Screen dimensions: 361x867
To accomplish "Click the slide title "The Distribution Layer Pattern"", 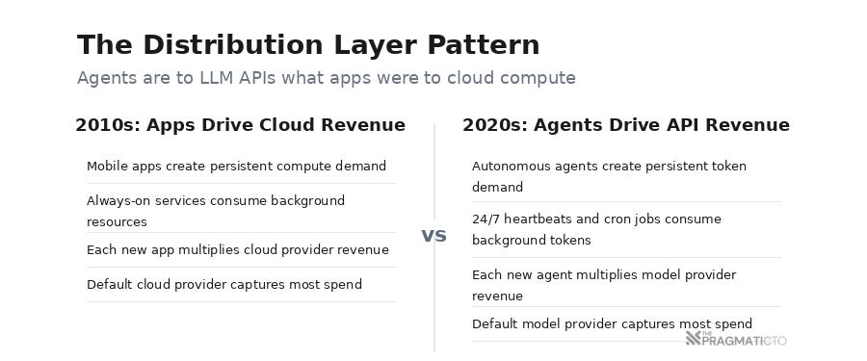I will point(308,45).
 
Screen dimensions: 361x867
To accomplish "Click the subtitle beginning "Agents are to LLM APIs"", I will point(326,78).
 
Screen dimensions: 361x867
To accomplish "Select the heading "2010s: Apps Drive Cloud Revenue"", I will point(240,125).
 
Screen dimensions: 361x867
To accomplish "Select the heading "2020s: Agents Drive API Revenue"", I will point(625,125).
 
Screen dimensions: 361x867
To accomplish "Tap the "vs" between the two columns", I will point(433,235).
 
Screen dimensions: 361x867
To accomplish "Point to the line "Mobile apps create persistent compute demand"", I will point(236,166).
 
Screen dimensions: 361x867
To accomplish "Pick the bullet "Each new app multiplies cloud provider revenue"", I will point(237,249).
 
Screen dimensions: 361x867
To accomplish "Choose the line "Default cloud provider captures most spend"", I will point(223,284).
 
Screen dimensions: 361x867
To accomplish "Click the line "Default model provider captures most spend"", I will point(612,323).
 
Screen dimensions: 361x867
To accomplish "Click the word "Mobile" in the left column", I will point(107,166).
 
